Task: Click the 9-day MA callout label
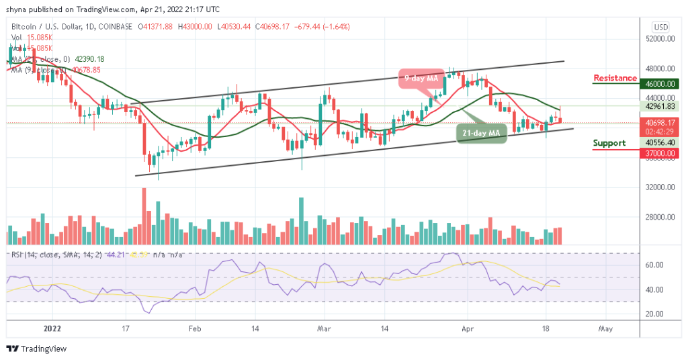422,78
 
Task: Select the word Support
609,142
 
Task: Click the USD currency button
660,27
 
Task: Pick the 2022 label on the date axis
52,329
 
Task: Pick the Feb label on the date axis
195,329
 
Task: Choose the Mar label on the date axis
324,329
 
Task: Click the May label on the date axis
605,329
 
